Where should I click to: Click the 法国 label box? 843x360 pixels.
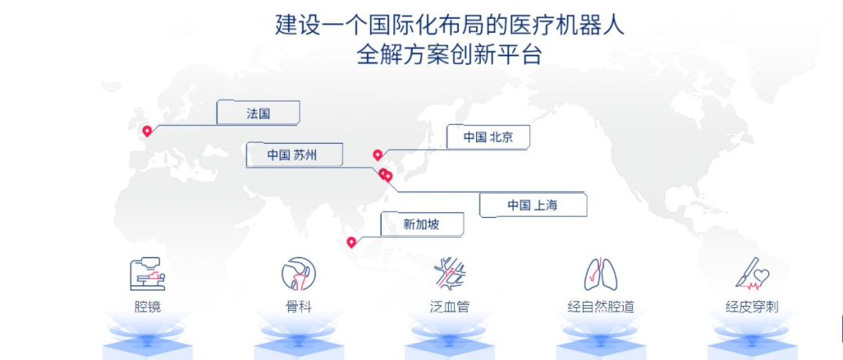tap(258, 112)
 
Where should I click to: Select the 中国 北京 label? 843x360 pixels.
tap(488, 137)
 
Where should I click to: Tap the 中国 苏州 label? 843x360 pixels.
tap(294, 155)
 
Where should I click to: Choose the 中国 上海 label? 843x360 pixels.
tap(532, 205)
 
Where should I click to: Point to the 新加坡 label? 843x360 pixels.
tap(421, 224)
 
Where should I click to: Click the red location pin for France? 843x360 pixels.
tap(147, 130)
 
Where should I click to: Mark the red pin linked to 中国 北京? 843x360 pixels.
tap(378, 155)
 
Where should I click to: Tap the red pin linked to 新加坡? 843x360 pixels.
tap(351, 243)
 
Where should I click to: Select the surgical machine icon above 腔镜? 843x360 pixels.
tap(147, 274)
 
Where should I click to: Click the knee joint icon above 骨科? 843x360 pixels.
tap(298, 273)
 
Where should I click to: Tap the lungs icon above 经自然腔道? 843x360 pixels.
tap(600, 274)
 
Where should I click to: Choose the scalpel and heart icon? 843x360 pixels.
tap(752, 273)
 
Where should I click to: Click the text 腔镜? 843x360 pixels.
tap(148, 307)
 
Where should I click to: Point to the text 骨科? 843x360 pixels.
tap(298, 307)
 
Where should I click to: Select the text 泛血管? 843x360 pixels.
tap(450, 307)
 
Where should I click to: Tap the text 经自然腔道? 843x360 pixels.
tap(601, 307)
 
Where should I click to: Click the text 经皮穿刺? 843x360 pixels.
tap(752, 307)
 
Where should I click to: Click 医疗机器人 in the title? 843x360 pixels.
tap(569, 25)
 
